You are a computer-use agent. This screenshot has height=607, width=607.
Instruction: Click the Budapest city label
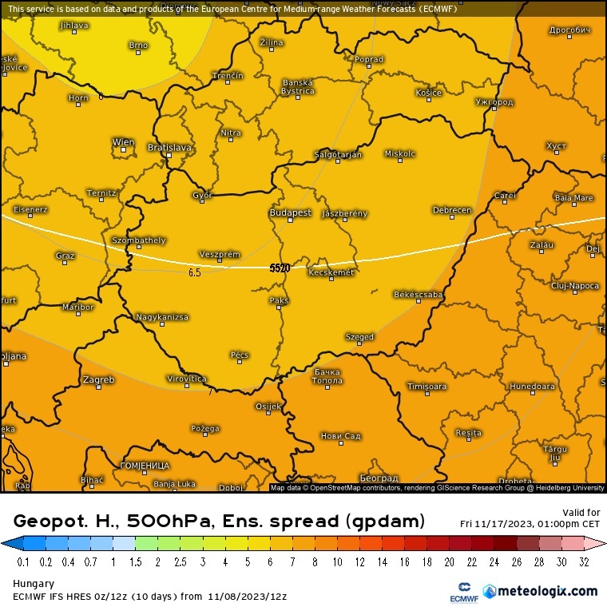click(289, 213)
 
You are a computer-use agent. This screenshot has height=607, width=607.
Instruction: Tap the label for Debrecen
click(451, 210)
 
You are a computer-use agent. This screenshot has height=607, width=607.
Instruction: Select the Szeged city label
click(359, 337)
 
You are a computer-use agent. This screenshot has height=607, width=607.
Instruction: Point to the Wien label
click(123, 142)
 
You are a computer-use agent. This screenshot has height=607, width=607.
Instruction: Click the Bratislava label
click(170, 147)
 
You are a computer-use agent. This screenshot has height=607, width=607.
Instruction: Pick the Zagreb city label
click(99, 379)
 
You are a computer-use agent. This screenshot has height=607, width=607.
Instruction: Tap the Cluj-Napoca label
click(574, 285)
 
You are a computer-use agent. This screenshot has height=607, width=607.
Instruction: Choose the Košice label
click(428, 93)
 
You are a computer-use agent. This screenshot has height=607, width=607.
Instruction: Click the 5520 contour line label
click(280, 268)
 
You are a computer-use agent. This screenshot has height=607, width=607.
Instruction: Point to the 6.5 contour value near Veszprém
click(194, 272)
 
